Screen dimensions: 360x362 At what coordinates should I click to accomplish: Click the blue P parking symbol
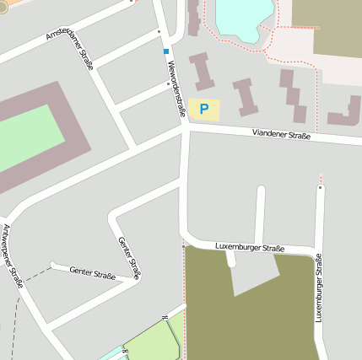203,109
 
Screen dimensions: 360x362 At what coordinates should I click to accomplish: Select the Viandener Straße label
281,135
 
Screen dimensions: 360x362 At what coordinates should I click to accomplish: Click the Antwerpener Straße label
12,256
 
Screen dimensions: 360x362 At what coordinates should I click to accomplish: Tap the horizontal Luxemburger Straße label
250,248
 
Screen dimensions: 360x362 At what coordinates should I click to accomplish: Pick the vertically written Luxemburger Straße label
319,287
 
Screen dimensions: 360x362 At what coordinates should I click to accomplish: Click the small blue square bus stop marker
165,51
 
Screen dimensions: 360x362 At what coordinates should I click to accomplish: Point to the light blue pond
244,15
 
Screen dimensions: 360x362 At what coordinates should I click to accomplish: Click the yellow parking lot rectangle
203,109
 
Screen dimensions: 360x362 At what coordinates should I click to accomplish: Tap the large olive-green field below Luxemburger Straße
253,312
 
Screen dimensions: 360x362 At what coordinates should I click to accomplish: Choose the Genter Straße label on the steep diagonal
129,258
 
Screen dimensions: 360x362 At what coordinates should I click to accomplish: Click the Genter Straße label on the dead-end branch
92,272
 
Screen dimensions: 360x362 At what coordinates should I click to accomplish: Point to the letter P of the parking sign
203,109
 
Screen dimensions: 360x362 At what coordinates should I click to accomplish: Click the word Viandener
270,134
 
